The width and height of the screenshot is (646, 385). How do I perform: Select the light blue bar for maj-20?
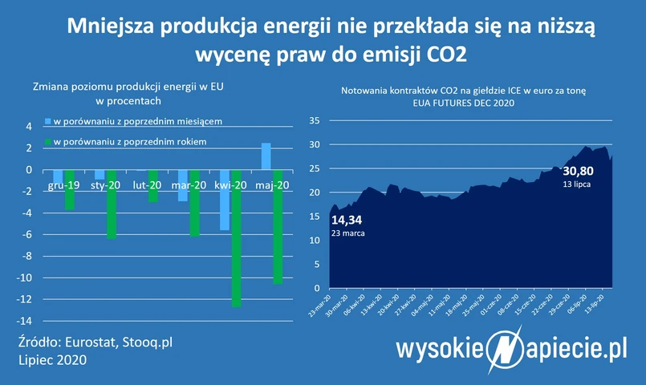point(266,156)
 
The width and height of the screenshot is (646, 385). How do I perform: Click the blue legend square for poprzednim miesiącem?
point(48,122)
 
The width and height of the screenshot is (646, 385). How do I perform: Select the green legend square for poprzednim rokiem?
point(48,141)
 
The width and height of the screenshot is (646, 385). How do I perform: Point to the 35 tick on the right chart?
point(315,121)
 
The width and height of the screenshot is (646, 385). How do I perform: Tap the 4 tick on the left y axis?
point(28,127)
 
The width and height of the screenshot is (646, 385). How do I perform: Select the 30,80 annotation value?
point(578,171)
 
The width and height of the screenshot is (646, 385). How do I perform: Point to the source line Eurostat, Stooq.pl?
point(95,342)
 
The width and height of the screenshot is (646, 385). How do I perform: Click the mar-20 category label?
point(189,185)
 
